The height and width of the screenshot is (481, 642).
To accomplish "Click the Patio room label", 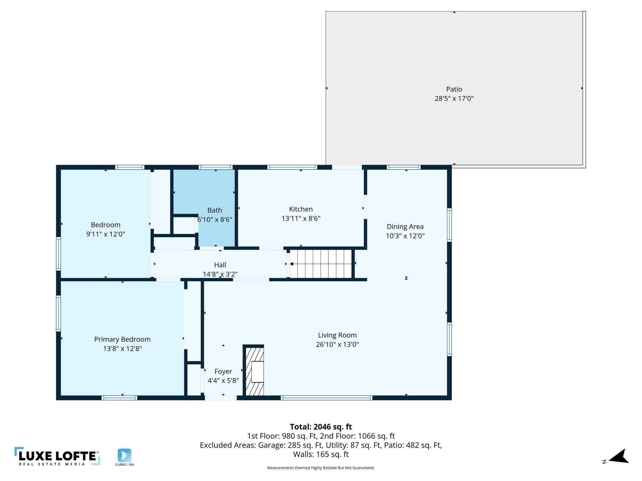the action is click(x=454, y=89).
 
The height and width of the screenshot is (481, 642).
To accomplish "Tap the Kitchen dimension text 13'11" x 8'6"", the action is click(x=301, y=218).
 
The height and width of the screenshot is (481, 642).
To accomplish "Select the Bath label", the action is click(x=215, y=210).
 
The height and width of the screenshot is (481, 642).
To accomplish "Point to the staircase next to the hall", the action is click(x=321, y=264).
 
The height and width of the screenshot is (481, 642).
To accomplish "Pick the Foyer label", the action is click(x=223, y=371).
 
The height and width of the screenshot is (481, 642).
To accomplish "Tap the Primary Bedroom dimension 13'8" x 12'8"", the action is click(x=123, y=348).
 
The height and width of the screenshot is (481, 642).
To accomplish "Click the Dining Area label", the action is click(x=405, y=227).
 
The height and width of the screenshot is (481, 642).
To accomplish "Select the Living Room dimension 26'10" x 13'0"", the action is click(x=337, y=344).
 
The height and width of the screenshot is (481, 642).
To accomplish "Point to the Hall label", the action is click(x=220, y=265).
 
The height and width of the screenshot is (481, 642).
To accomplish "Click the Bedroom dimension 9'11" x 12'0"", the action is click(x=106, y=234).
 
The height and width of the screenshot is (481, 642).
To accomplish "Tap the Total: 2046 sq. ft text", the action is click(x=321, y=427).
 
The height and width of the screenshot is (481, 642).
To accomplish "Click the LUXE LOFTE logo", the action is click(x=57, y=456).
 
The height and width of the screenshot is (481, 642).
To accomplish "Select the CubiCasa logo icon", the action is click(x=124, y=455).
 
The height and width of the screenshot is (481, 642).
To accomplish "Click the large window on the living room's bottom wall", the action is click(x=327, y=398).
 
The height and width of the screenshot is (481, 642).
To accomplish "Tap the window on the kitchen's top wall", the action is click(x=292, y=167).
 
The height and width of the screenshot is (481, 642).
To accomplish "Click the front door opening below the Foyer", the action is click(x=221, y=398).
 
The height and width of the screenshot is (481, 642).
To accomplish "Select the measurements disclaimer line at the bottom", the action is click(x=321, y=468).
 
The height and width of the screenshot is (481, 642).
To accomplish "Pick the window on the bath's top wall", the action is click(x=216, y=167).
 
